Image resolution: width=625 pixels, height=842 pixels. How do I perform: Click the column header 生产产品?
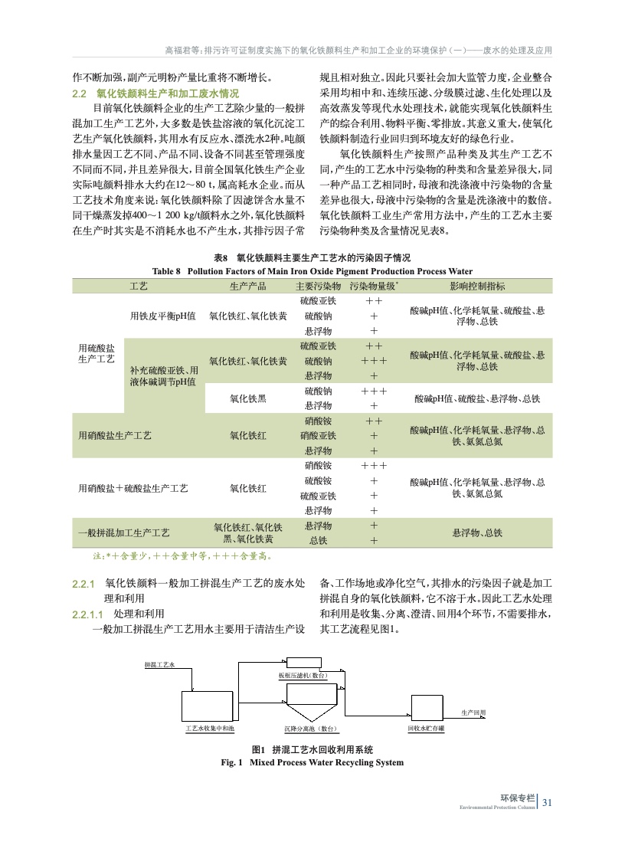pos(248,286)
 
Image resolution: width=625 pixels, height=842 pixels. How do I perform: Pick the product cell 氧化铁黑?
pos(248,398)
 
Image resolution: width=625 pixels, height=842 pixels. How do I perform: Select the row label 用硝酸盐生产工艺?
pos(115,435)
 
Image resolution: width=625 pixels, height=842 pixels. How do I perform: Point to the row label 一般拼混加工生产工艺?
pos(124,532)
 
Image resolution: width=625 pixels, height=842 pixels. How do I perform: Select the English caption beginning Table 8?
pos(312,270)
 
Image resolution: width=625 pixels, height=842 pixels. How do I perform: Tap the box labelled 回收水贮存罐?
pos(426,709)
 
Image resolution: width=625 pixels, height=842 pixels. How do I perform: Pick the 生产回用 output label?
pos(473,713)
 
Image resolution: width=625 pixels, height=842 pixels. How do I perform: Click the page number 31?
pos(547,803)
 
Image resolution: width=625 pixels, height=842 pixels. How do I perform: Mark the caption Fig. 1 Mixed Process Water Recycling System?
pos(312,762)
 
